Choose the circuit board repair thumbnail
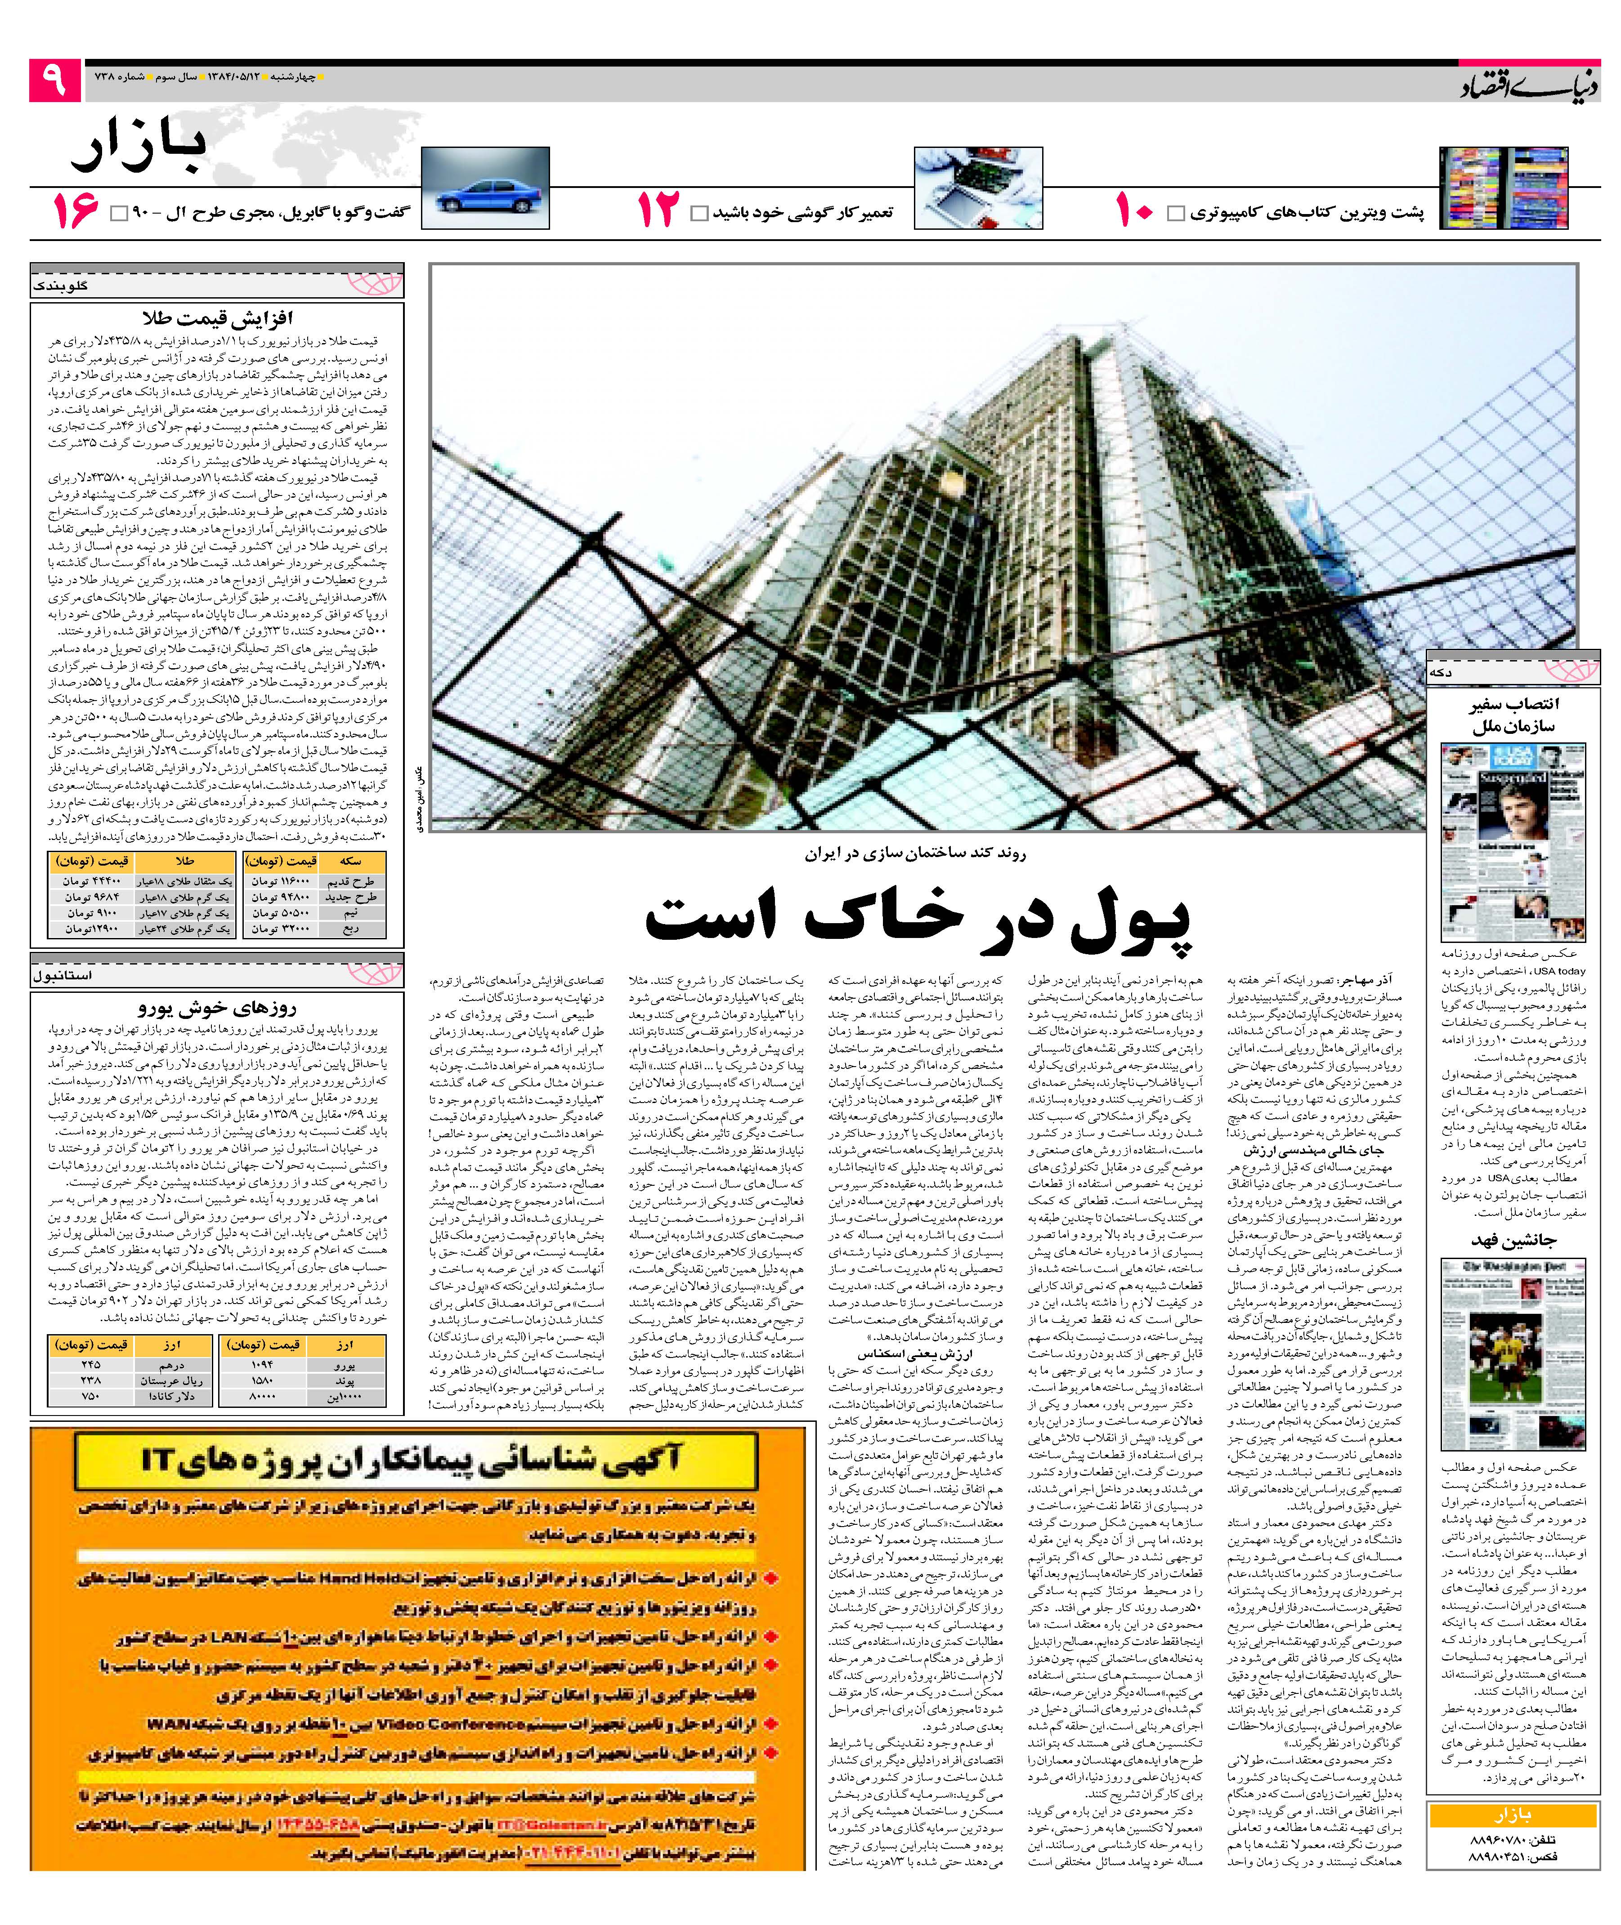tap(978, 188)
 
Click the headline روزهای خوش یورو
tap(217, 1007)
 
